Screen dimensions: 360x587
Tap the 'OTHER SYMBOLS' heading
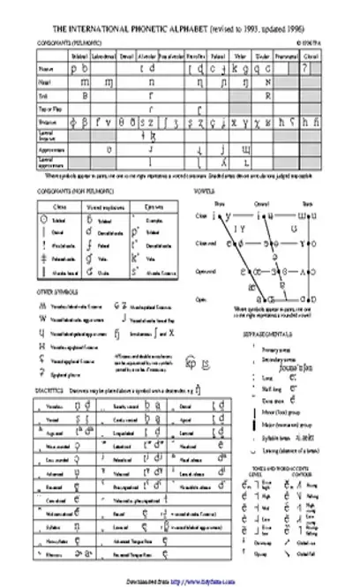[x=50, y=290]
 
